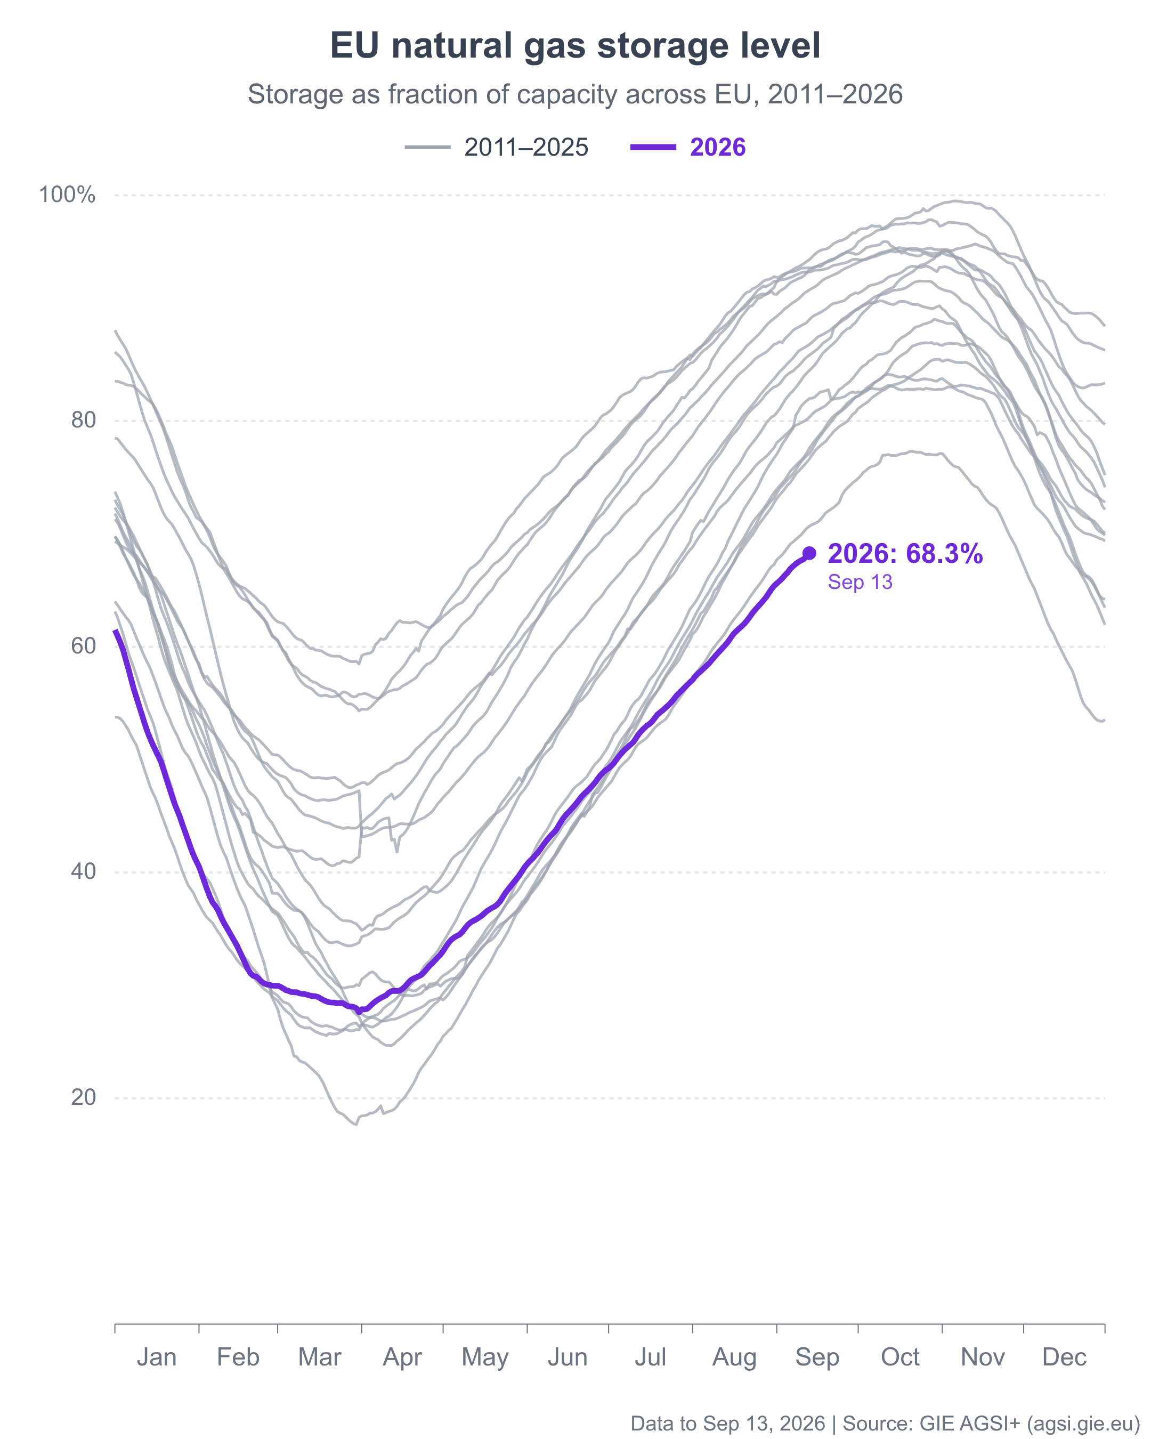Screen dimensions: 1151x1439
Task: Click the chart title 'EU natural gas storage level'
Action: [x=574, y=46]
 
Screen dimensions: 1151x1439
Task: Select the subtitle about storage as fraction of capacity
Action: [x=574, y=95]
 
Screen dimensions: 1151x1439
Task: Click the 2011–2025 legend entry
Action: [x=497, y=148]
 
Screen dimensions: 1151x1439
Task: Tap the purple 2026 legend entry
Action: [x=688, y=148]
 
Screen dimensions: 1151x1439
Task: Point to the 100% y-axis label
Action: [x=67, y=195]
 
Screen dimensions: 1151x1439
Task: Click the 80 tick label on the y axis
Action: [x=84, y=421]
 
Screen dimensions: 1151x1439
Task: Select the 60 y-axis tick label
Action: [x=84, y=646]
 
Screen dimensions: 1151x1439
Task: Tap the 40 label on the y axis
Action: [x=84, y=872]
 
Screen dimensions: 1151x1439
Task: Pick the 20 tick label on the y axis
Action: [x=84, y=1097]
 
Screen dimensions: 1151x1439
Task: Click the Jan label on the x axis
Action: [x=157, y=1357]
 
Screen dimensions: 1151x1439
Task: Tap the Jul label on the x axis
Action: [x=651, y=1357]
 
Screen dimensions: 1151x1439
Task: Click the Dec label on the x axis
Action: [x=1064, y=1357]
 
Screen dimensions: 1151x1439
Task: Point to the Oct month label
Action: [x=900, y=1357]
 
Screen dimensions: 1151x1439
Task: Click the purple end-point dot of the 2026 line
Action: [x=809, y=553]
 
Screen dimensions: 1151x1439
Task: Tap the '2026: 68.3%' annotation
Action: [x=905, y=554]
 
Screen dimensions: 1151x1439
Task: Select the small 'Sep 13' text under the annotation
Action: [x=860, y=583]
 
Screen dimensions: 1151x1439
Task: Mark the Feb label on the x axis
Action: [x=238, y=1357]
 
